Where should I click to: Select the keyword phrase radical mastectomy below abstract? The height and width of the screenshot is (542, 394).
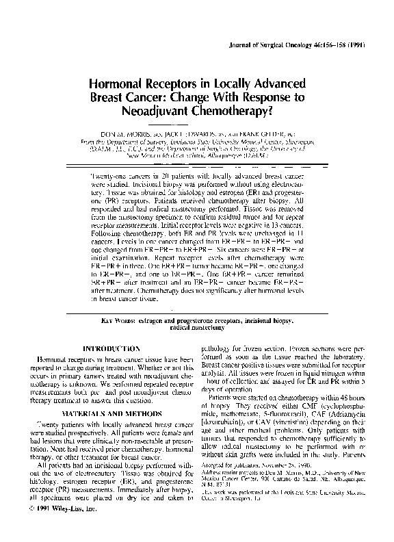198,327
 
